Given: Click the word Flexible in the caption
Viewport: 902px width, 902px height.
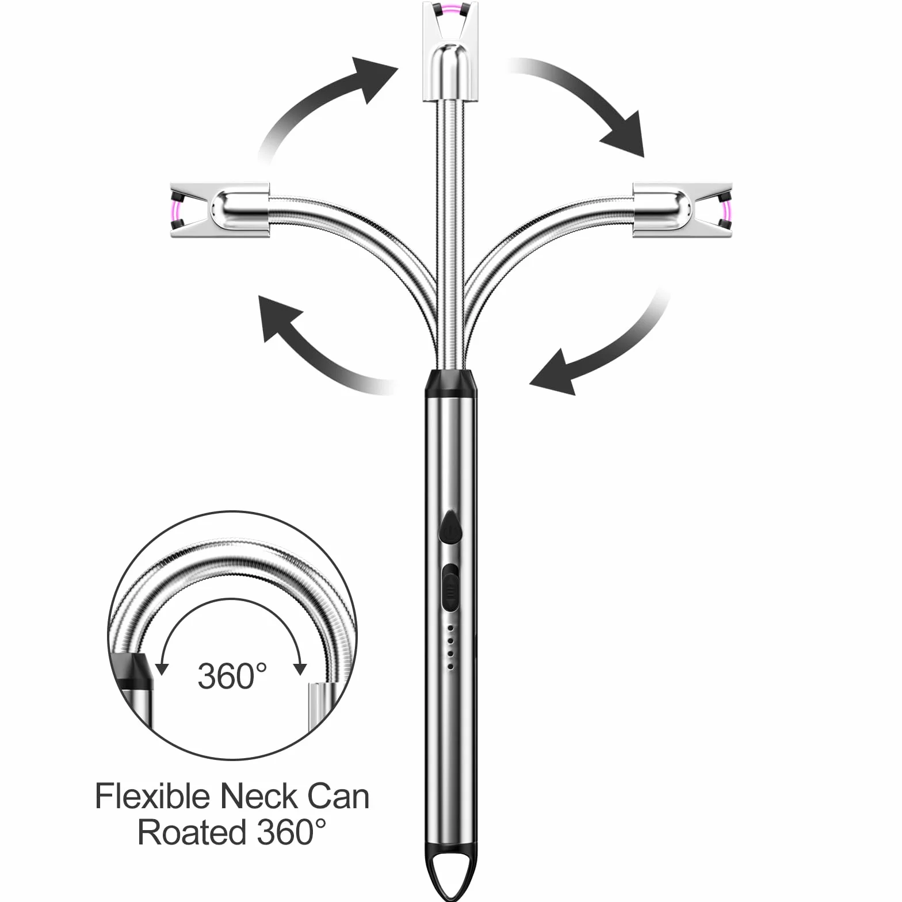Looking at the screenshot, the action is coord(152,797).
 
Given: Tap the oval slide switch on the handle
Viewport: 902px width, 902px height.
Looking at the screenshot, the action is coord(450,587).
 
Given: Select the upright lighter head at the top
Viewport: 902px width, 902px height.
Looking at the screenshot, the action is coord(450,52).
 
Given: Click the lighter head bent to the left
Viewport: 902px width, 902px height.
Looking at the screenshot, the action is coord(220,208).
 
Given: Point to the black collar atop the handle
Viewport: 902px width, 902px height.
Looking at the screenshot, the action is coord(450,384).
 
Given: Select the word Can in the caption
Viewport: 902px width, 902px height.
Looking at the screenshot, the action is coord(338,797).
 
